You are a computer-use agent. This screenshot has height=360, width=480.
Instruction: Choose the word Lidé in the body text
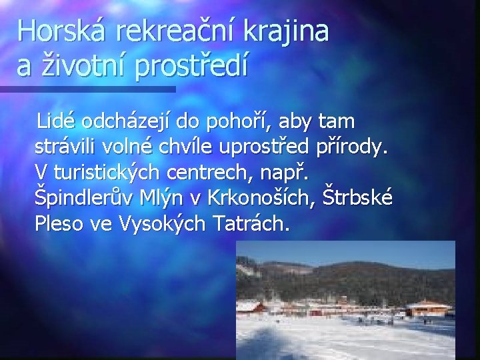(x=57, y=121)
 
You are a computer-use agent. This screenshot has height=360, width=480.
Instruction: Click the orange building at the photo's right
(x=429, y=309)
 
